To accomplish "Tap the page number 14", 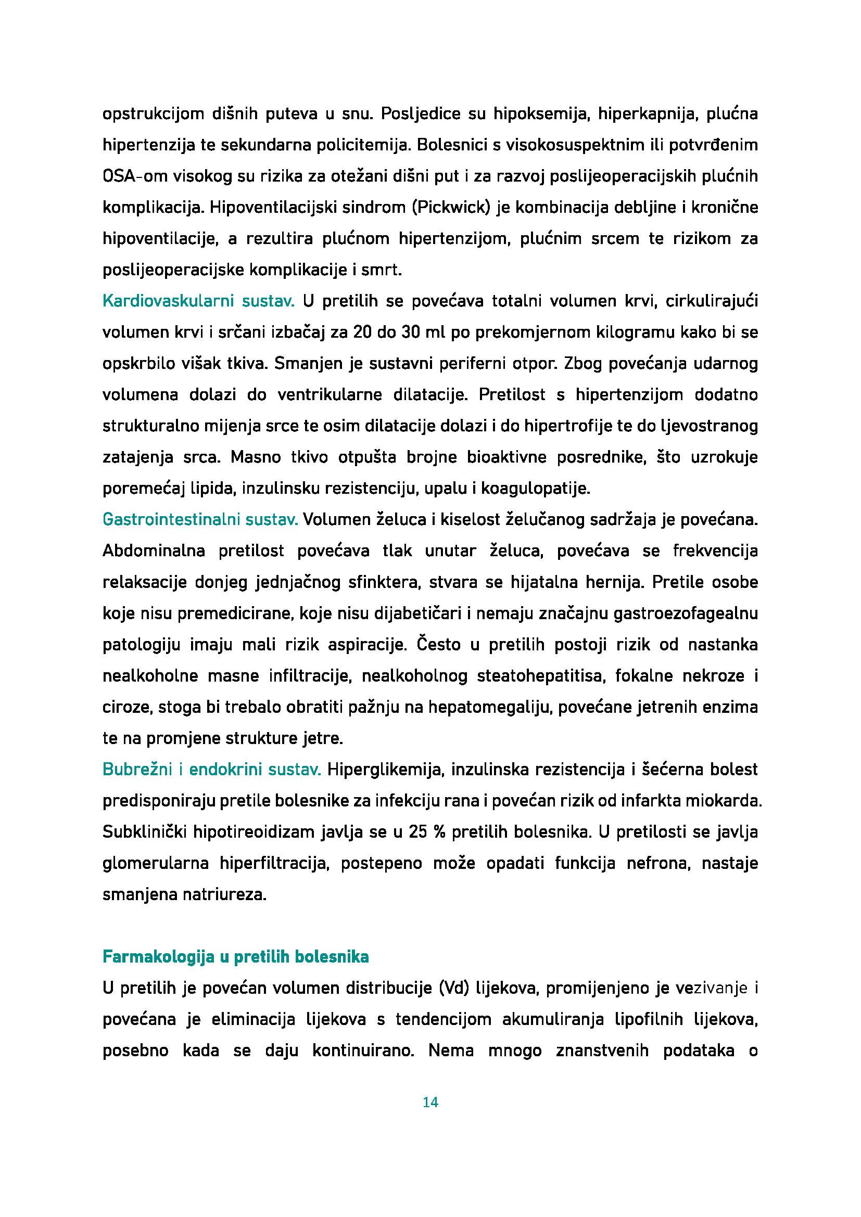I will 430,1103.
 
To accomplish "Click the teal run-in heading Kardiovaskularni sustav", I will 198,301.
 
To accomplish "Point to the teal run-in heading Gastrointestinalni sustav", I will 200,519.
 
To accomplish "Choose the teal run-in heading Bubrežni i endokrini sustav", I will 211,769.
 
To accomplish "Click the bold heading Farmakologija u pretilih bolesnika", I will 235,957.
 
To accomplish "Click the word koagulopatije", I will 536,489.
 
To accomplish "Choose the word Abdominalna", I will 154,550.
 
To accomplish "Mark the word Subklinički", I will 145,831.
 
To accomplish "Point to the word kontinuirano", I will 363,1051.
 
